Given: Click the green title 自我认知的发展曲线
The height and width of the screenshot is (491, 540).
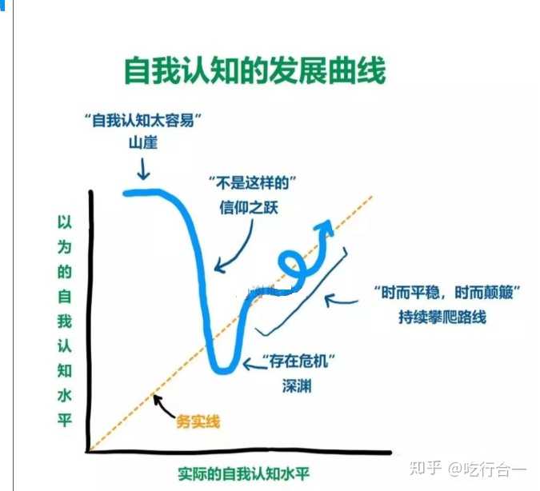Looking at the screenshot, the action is [x=254, y=71].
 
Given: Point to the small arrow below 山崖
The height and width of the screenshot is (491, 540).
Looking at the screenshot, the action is [x=142, y=169].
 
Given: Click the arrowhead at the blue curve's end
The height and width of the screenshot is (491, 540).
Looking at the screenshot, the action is [x=326, y=227].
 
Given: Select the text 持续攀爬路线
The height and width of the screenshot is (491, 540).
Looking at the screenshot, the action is [x=442, y=317].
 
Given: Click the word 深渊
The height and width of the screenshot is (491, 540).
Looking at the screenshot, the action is [x=295, y=385].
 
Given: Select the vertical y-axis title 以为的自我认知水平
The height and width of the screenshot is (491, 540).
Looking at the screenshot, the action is [x=64, y=320].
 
